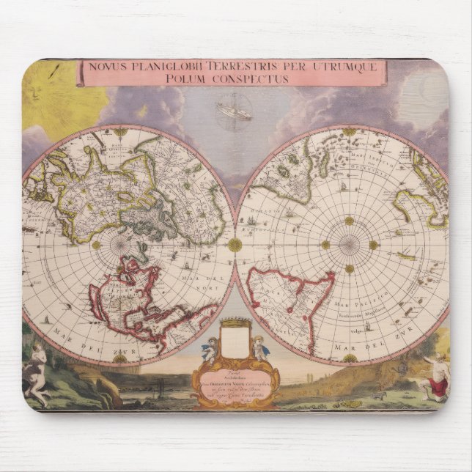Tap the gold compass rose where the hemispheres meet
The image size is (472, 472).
click(x=235, y=245)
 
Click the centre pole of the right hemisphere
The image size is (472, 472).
click(x=349, y=245)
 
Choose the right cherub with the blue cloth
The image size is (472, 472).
click(x=258, y=348)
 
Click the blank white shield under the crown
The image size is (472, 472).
click(x=234, y=341)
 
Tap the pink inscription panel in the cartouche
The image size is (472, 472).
click(x=234, y=382)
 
